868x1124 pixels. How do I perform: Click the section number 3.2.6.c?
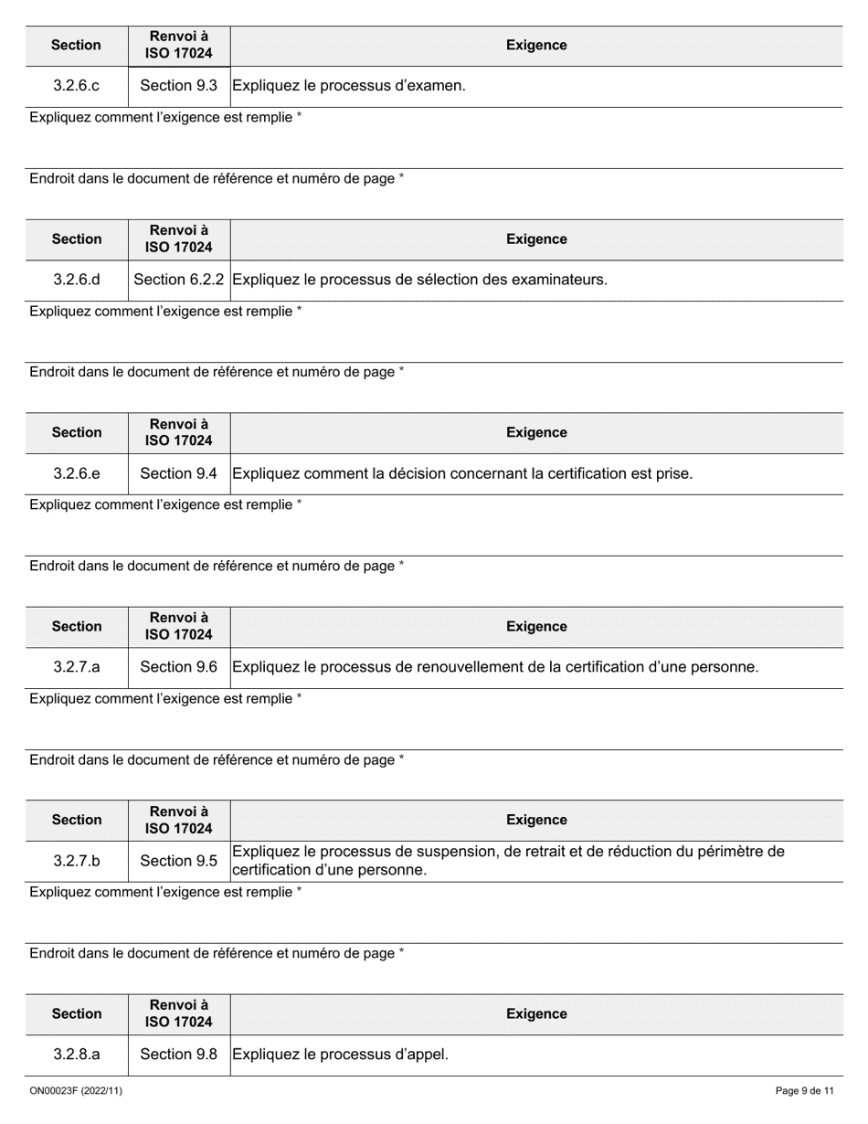(x=76, y=86)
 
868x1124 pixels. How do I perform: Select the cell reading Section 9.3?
(x=178, y=86)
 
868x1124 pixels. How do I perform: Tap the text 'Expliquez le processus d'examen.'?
(x=349, y=86)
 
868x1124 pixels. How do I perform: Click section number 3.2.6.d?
(x=77, y=280)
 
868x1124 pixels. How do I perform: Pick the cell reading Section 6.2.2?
(x=179, y=280)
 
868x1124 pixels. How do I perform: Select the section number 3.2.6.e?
(x=77, y=473)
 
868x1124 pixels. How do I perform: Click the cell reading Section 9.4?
(x=178, y=473)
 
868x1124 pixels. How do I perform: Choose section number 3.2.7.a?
(x=77, y=667)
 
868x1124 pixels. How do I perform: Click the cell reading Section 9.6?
(x=178, y=667)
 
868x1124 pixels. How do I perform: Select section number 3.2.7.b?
(x=77, y=861)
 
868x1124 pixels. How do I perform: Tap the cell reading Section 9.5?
(x=178, y=861)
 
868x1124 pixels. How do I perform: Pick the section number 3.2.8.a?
(x=77, y=1055)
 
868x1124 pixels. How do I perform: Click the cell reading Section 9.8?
(x=178, y=1055)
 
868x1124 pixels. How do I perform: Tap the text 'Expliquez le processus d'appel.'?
(x=341, y=1055)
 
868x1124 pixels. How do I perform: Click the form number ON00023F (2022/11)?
(x=76, y=1091)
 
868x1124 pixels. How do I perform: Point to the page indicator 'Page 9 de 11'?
(x=804, y=1091)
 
